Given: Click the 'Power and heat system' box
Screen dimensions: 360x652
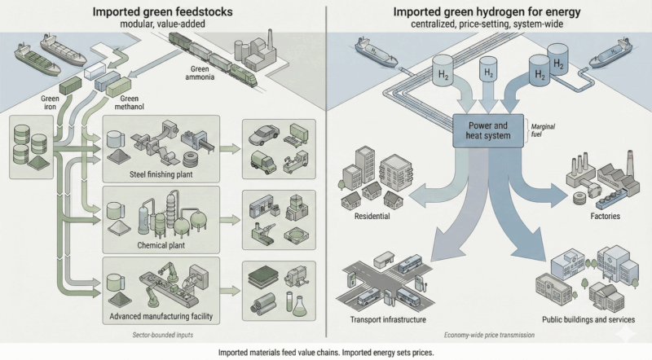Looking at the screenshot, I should tap(487, 131).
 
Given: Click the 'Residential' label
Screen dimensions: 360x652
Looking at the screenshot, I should tap(373, 217).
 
